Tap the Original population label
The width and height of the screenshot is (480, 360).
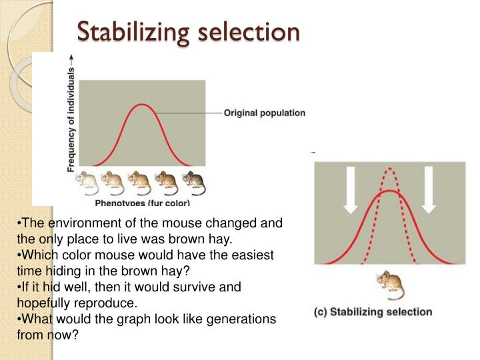pyautogui.click(x=265, y=113)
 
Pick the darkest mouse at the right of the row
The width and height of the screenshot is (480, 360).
pyautogui.click(x=194, y=180)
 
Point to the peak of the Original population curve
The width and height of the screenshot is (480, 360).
pyautogui.click(x=141, y=105)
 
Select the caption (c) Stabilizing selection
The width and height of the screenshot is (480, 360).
pyautogui.click(x=373, y=311)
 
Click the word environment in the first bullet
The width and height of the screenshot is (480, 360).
pyautogui.click(x=71, y=223)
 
